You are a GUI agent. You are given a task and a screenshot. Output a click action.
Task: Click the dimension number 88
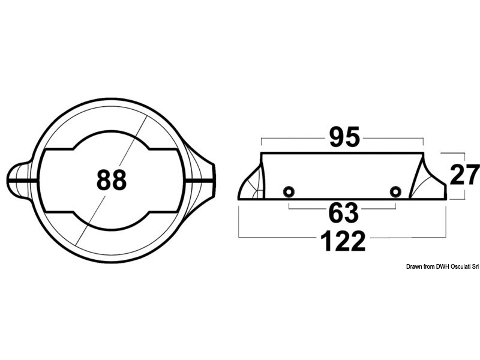coord(111,179)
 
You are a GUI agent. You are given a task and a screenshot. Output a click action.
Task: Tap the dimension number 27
coord(464,176)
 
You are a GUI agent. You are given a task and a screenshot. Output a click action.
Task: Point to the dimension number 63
coord(343,214)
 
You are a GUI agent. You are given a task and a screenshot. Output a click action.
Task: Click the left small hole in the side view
coord(289,192)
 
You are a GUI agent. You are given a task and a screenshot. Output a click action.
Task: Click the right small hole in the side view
coord(395,192)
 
